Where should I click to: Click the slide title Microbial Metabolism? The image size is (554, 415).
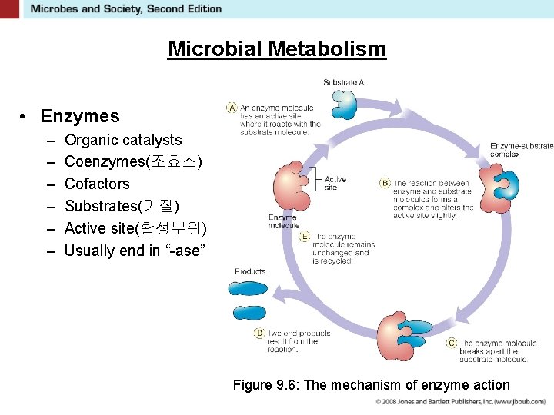coord(277,49)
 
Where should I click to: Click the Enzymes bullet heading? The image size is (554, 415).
coord(80,116)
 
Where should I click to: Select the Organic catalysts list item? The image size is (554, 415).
coord(123,140)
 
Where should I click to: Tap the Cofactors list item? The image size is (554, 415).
coord(97,184)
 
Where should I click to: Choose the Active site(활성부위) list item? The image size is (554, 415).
coord(135,228)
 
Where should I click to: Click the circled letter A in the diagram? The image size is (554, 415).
coord(232,108)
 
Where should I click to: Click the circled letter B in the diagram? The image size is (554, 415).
coord(385,183)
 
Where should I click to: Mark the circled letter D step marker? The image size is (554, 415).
coord(259,333)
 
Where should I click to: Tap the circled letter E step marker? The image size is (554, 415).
coord(305,237)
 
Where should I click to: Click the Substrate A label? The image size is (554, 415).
coord(343,82)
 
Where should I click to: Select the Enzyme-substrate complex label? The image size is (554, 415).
coord(521,150)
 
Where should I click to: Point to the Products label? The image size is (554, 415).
coord(250,271)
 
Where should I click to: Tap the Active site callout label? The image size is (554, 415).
coord(335,183)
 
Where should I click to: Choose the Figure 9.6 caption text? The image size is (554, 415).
coord(371,385)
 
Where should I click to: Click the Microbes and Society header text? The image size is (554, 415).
coord(125,9)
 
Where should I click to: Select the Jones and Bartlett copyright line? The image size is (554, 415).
coord(460,402)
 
